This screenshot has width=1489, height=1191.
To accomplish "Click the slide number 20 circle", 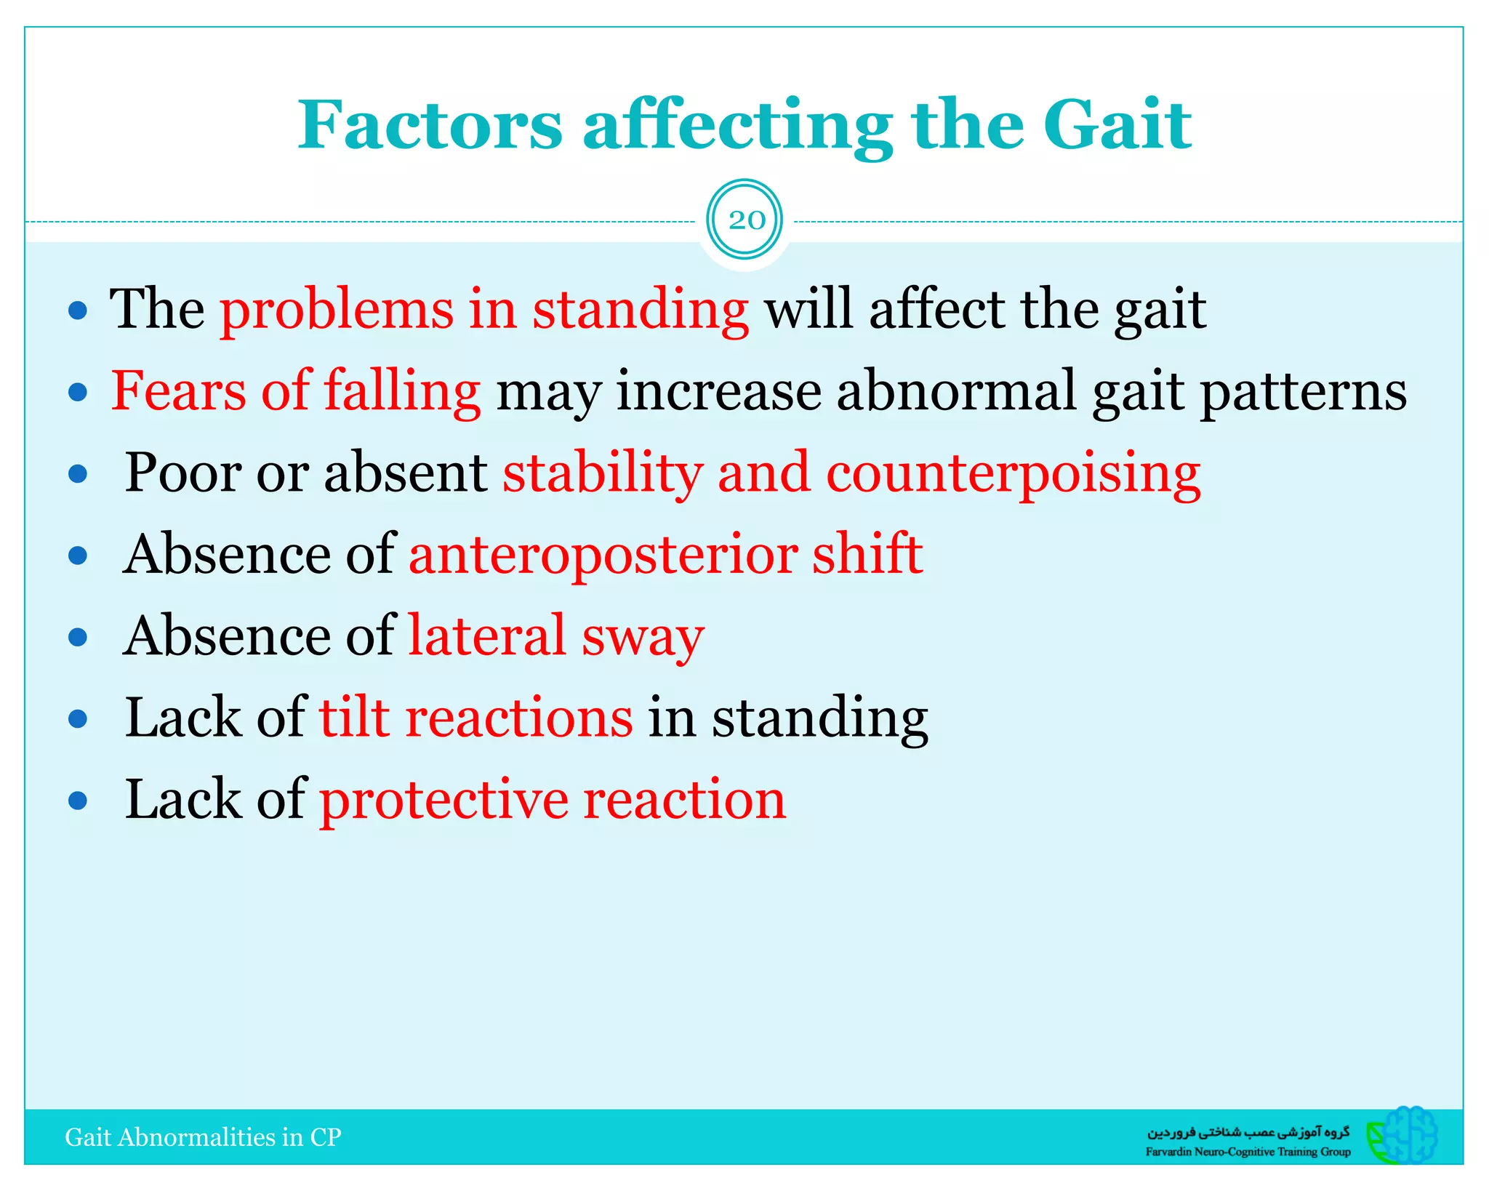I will (744, 220).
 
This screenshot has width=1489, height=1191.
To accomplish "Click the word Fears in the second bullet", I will (178, 391).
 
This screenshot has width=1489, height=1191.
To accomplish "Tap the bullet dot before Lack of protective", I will (78, 801).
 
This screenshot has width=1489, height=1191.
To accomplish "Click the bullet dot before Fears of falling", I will (78, 393).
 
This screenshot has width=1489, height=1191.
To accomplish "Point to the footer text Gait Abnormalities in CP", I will (203, 1137).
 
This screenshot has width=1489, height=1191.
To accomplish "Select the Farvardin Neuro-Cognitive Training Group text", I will (1248, 1152).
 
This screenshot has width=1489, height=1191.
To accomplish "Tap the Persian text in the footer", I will (1248, 1132).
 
